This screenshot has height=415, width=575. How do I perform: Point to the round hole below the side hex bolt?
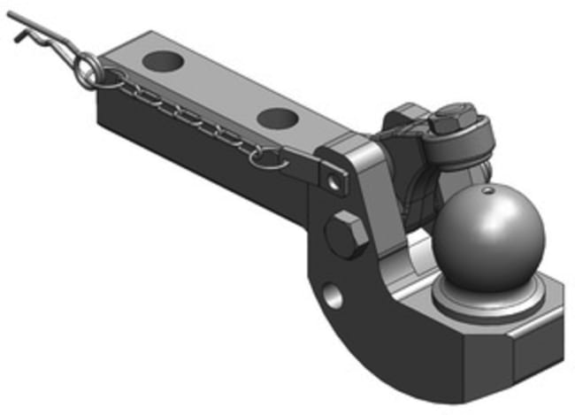coord(333,296)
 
